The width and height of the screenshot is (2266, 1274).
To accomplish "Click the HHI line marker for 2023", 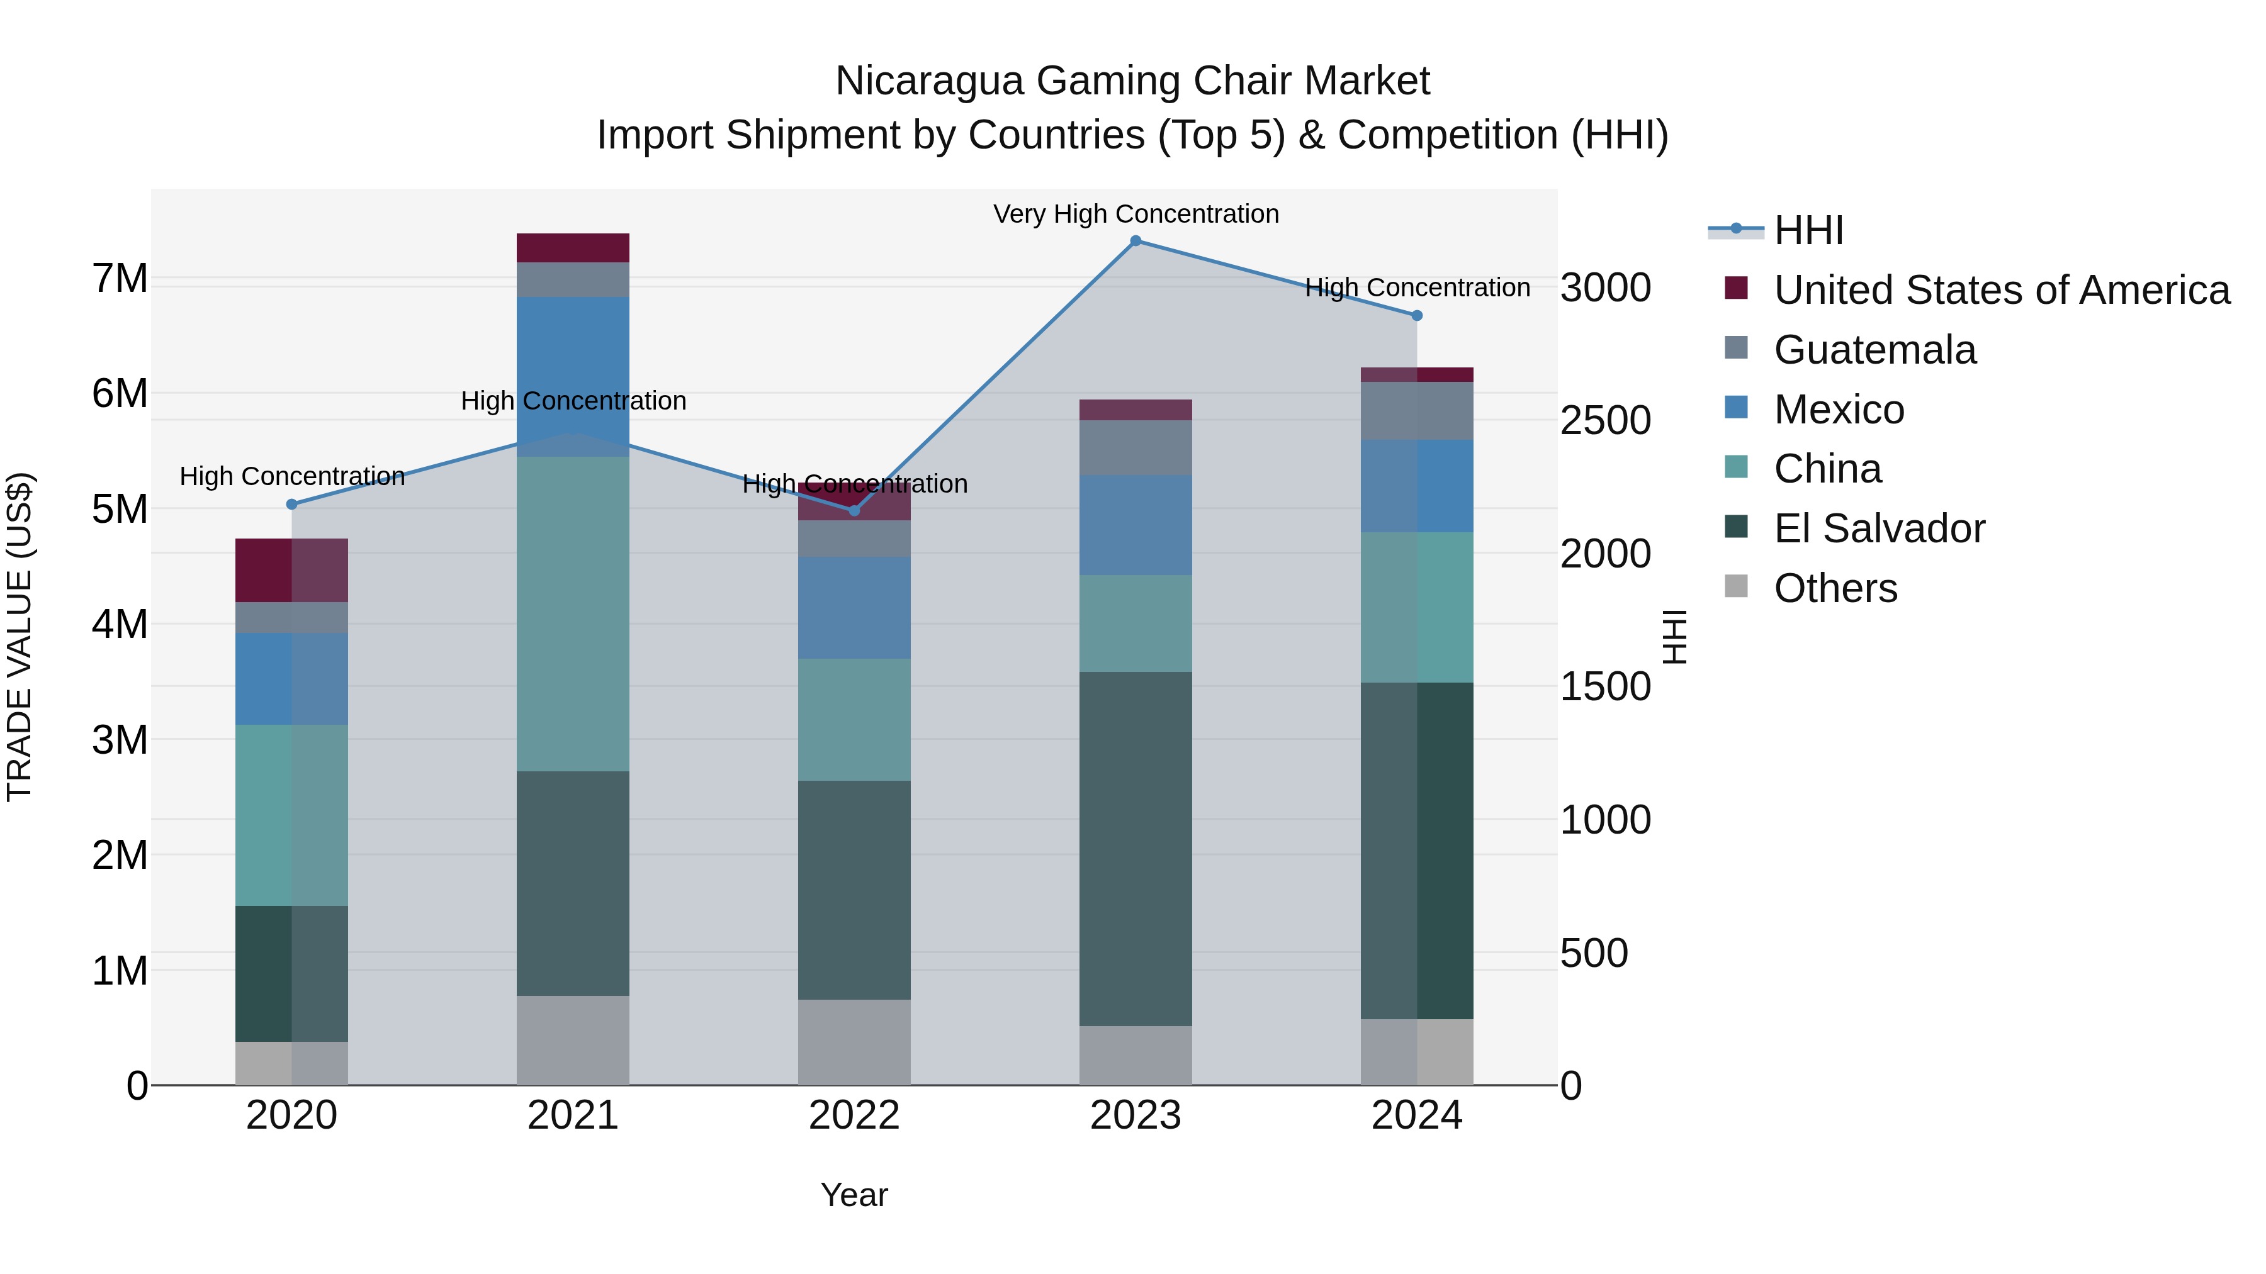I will (1135, 241).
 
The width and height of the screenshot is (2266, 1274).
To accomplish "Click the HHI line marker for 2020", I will (292, 505).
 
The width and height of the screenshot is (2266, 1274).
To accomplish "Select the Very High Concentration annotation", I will (1136, 215).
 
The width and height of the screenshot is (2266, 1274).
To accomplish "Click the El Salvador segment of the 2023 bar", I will (1135, 849).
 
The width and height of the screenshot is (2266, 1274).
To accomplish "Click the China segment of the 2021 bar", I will (573, 613).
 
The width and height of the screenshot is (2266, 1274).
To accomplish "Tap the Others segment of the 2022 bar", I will (854, 1042).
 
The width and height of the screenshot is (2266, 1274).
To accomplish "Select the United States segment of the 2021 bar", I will (573, 248).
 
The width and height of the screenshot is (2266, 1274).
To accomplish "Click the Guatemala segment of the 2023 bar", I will (1135, 447).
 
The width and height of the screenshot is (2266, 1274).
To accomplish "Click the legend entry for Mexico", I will (1839, 410).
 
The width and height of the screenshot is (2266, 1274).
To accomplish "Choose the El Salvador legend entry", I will (1879, 528).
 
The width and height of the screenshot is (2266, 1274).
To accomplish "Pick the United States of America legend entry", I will (2001, 290).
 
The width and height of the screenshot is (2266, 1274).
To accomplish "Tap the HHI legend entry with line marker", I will (1808, 230).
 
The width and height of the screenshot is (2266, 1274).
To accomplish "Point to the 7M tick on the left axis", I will (120, 279).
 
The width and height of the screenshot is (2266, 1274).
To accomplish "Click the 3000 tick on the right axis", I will (1605, 288).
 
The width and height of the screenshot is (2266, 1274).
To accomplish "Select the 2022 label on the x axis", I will (854, 1115).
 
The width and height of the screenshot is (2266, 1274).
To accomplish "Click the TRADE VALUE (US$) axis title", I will (20, 637).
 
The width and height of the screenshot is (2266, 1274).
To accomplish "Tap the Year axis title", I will (854, 1195).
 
